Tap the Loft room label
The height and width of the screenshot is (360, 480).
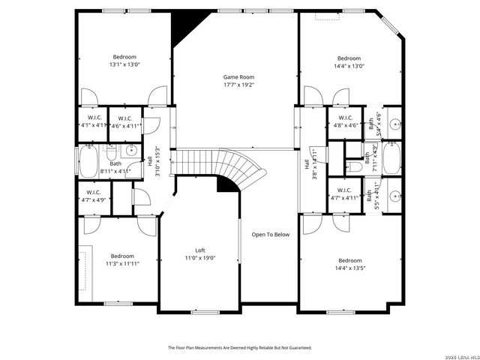pos(200,250)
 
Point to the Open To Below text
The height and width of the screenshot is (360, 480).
pos(270,235)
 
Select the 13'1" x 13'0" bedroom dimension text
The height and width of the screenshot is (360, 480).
pos(124,65)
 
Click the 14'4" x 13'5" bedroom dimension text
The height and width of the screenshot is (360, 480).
pos(348,268)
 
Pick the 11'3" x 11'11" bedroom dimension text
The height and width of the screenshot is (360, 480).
pos(121,263)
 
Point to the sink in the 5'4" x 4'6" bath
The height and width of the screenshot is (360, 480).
pos(393,121)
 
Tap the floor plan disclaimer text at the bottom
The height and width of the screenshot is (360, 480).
pos(239,347)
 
